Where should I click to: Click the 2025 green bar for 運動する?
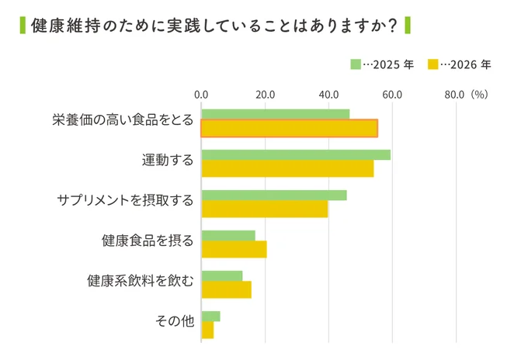[296, 154]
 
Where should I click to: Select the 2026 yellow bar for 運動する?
[287, 168]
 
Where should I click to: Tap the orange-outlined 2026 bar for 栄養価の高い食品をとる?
[289, 128]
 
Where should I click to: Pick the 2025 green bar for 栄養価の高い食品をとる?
[275, 114]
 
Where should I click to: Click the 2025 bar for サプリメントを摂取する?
[274, 195]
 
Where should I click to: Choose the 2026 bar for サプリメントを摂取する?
[265, 209]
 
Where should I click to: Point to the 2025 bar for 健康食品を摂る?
[228, 235]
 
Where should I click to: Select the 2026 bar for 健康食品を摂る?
[234, 249]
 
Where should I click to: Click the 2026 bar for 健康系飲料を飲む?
[226, 289]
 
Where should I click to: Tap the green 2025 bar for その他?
[210, 316]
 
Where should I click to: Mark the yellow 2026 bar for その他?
[207, 330]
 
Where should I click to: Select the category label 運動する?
[167, 161]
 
